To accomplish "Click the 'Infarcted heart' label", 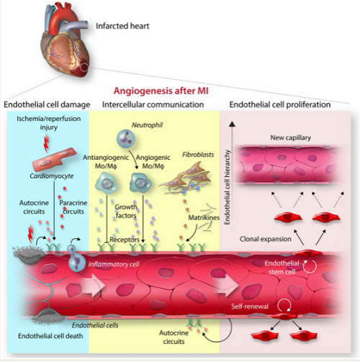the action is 122,26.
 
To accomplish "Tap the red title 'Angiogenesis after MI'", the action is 161,91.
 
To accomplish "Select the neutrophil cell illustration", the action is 125,139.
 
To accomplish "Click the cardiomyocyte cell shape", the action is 54,160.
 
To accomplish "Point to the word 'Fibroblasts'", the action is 198,155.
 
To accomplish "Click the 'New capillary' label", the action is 291,137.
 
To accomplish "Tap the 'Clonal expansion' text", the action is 266,239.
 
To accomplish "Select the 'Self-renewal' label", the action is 250,307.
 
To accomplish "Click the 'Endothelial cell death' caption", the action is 50,336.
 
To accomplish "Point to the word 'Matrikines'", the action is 204,217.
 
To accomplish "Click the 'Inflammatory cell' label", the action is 114,264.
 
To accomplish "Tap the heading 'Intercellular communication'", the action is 153,104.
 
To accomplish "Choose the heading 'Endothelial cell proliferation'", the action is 280,104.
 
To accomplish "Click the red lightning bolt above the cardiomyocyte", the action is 46,143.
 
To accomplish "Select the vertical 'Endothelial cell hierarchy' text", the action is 227,187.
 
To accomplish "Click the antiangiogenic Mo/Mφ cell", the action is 107,184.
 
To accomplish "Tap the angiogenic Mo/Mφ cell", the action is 140,184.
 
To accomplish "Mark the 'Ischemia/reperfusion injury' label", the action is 49,123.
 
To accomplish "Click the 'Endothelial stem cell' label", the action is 282,268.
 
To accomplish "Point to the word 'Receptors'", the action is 125,240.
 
